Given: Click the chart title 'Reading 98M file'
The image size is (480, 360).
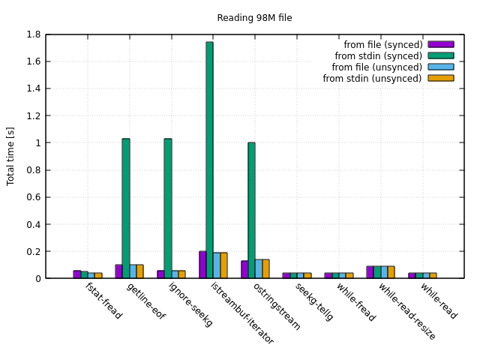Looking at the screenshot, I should point(254,18).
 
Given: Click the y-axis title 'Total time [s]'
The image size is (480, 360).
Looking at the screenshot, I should point(11,156).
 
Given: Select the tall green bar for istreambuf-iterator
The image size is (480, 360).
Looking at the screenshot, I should point(209,160).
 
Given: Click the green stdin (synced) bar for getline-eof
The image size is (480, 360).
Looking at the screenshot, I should point(126,208).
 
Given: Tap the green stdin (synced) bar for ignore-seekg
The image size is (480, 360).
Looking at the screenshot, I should point(168,208).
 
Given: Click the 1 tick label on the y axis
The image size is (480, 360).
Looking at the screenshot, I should point(38,142).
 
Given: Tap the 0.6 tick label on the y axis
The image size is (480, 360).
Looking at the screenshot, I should point(33,197).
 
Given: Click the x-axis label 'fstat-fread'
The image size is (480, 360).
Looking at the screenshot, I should point(103,301).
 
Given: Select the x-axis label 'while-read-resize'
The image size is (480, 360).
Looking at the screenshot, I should point(406,311).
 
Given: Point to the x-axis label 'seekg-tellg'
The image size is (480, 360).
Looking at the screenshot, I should point(313,302).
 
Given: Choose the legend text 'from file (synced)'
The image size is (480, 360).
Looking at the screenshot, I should point(382,44).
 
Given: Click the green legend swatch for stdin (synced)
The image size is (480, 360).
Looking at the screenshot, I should point(441,55).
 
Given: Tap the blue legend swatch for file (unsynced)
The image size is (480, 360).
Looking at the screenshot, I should point(441,67).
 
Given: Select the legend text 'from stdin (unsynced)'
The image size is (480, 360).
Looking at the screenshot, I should point(372,78).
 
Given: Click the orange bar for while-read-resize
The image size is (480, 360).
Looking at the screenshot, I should point(391,272).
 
